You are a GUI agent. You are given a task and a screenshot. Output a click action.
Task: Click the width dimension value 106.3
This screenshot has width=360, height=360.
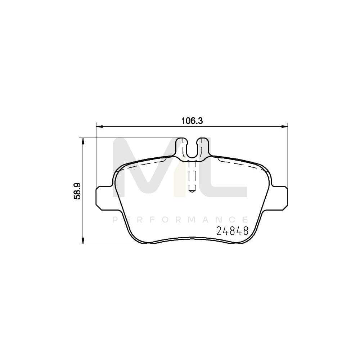click(x=192, y=121)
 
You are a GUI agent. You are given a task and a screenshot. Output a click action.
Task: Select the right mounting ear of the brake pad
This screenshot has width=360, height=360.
click(x=280, y=197)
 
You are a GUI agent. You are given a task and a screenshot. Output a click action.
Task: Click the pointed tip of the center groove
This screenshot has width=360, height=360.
click(x=192, y=190)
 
